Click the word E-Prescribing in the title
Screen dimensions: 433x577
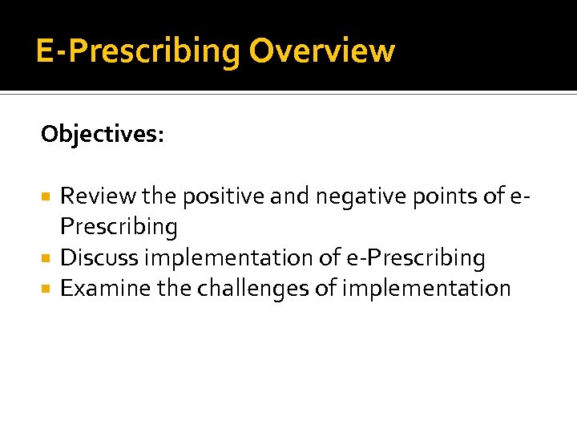click(138, 52)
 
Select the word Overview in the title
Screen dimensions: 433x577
click(321, 51)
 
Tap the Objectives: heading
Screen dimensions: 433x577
click(103, 134)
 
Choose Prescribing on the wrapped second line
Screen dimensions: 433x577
click(119, 227)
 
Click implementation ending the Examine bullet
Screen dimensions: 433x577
click(426, 289)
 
